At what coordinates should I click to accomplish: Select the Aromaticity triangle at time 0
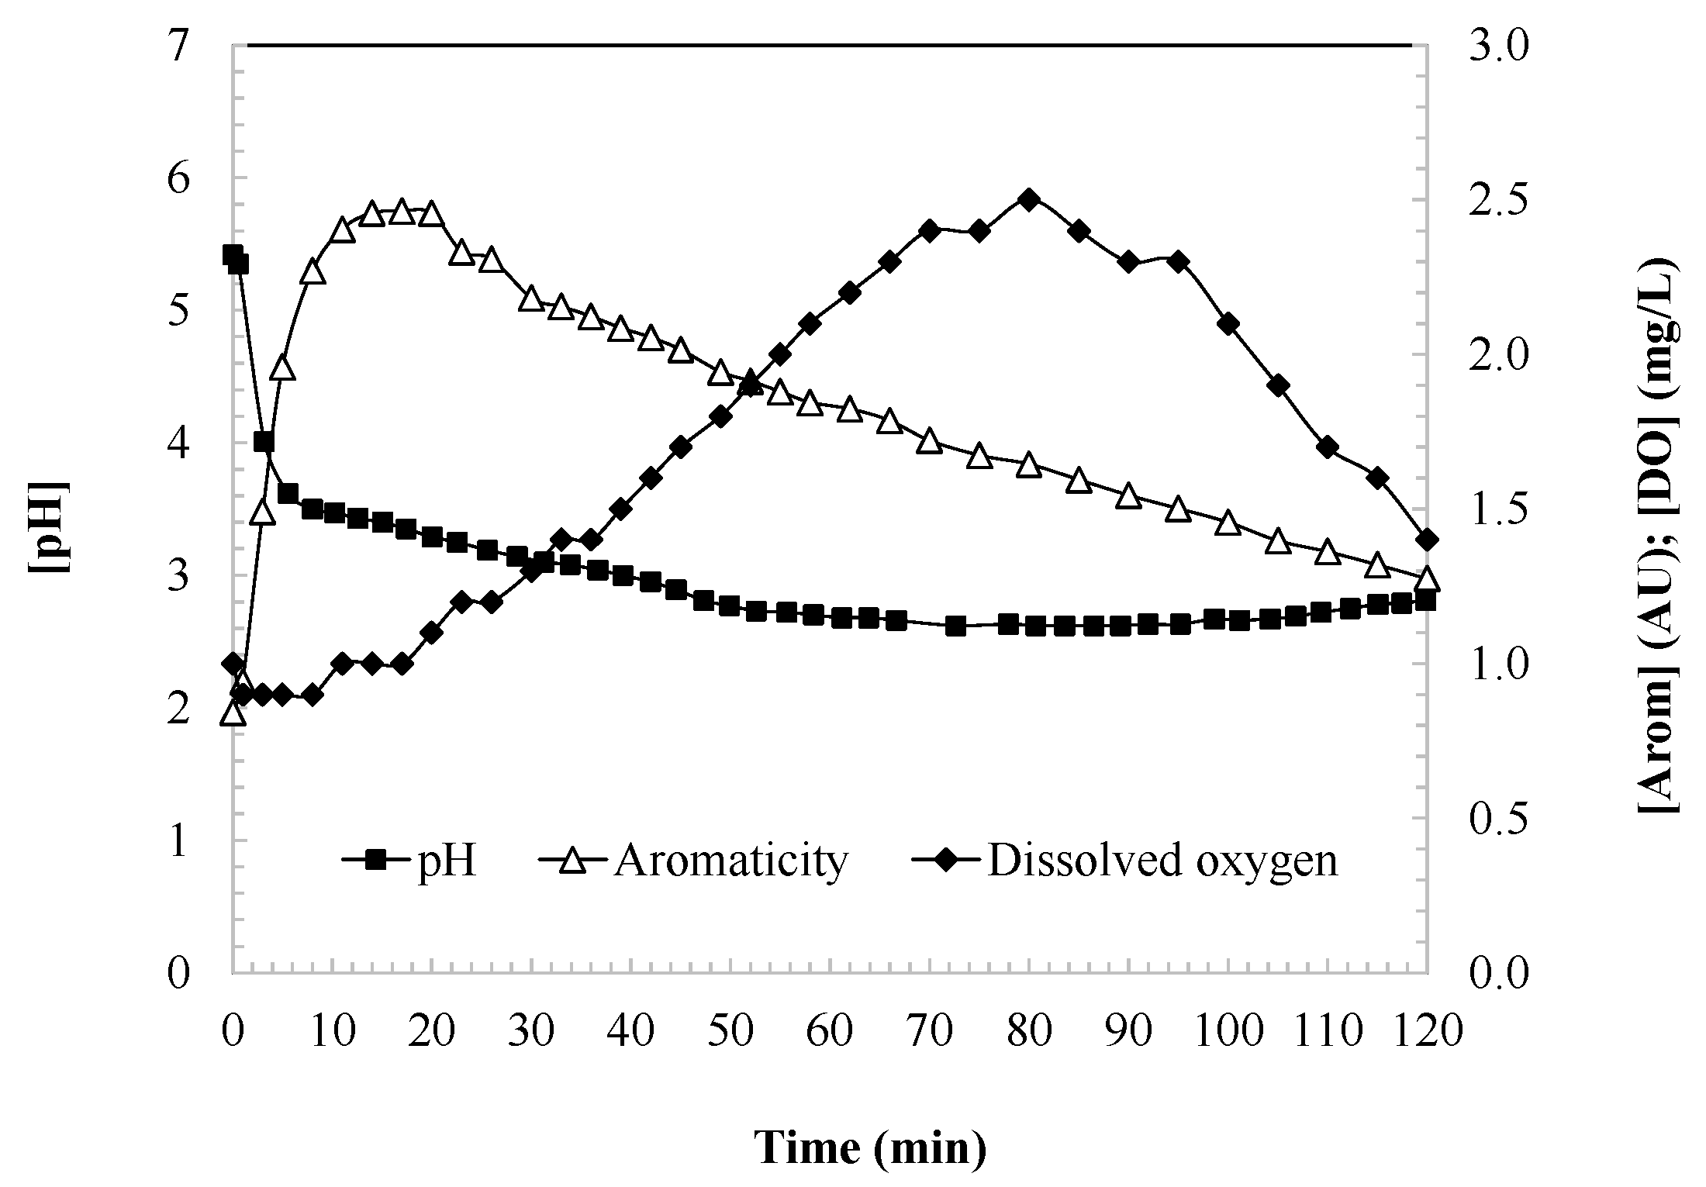[233, 713]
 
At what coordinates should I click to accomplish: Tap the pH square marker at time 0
[233, 255]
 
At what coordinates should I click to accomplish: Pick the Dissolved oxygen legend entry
[1125, 860]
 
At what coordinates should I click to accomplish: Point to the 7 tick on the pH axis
[178, 47]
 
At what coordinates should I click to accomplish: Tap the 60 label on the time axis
[831, 1032]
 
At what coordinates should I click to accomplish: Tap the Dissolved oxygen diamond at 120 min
[1427, 540]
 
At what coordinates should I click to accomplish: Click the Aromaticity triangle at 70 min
[929, 441]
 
